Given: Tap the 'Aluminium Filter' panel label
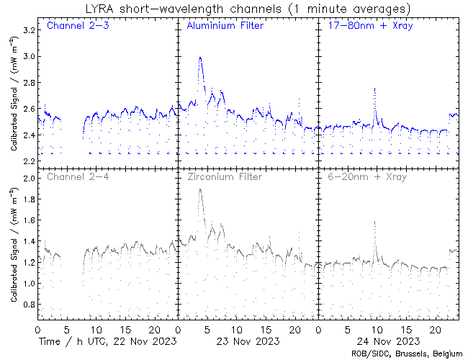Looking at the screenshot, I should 225,27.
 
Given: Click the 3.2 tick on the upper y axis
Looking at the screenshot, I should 27,30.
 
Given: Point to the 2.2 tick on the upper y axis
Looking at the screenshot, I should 27,161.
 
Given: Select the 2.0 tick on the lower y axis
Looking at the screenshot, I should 27,179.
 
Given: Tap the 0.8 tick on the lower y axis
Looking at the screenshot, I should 27,305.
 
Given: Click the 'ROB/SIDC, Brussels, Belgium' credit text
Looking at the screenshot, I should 407,354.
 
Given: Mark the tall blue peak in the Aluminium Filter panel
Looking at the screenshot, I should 200,58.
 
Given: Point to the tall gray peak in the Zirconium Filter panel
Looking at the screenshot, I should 200,189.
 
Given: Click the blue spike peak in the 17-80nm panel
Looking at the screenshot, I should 375,89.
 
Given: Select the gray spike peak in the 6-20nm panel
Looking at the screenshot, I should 375,222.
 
